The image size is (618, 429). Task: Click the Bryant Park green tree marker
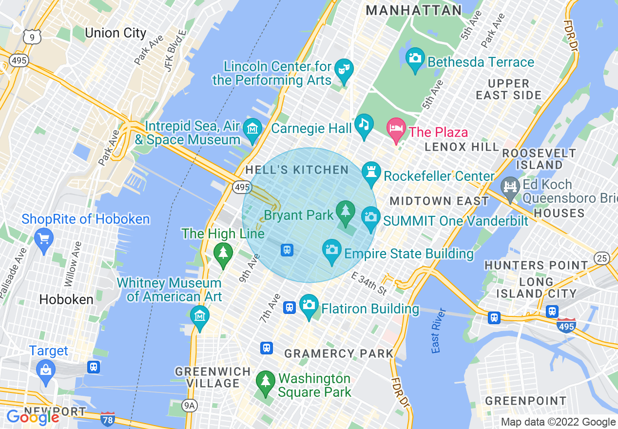point(345,212)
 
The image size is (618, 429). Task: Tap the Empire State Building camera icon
point(332,251)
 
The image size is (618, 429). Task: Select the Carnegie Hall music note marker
point(364,125)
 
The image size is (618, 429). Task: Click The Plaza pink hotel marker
point(396,129)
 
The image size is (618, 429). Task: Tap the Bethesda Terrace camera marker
point(415,59)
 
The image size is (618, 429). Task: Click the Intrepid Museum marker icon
point(252,130)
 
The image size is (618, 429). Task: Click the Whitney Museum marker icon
point(200,316)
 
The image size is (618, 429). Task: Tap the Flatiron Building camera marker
point(309,306)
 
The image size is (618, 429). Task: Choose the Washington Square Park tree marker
point(265,381)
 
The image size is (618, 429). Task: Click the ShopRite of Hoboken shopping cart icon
point(44,239)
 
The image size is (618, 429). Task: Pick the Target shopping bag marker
point(46,371)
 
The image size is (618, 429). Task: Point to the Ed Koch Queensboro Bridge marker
point(510,188)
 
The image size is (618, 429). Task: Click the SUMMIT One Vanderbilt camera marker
point(371,217)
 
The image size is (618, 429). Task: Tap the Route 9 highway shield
point(32,37)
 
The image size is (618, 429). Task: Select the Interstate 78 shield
point(108,419)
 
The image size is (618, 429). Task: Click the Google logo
point(33,417)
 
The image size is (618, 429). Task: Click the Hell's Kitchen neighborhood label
point(297,170)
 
